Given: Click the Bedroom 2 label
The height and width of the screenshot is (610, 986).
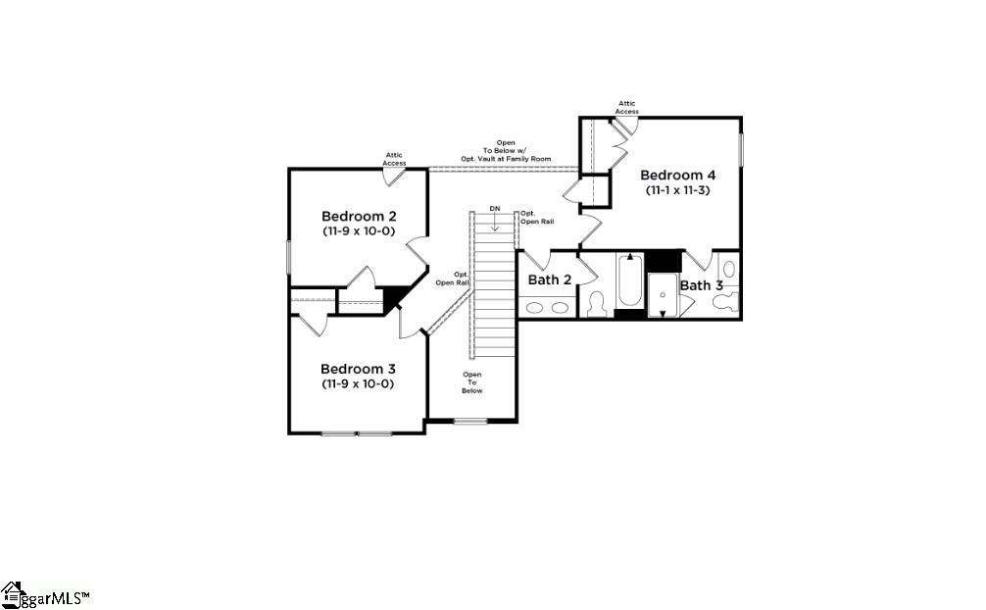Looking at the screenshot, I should (x=358, y=216).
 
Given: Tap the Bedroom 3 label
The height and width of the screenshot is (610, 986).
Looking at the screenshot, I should (x=358, y=369).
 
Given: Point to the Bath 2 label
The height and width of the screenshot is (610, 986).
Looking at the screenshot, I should (x=550, y=280).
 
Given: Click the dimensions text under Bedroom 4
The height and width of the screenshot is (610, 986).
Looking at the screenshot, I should (x=677, y=190).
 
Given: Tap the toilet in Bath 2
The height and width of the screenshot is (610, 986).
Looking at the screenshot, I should (x=596, y=304).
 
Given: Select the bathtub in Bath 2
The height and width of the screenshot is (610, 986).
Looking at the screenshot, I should (x=629, y=281).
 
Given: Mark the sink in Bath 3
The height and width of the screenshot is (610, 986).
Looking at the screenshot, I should (x=728, y=268).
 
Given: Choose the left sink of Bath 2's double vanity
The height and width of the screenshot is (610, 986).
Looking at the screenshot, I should (x=535, y=307).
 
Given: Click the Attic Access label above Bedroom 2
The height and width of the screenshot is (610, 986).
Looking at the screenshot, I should (x=394, y=159).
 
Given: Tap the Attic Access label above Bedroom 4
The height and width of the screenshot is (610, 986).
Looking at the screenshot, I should (x=626, y=107).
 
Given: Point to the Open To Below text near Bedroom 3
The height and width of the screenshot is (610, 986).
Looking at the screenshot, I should (x=472, y=381).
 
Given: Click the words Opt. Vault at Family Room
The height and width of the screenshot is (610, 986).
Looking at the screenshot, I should (x=506, y=158).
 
